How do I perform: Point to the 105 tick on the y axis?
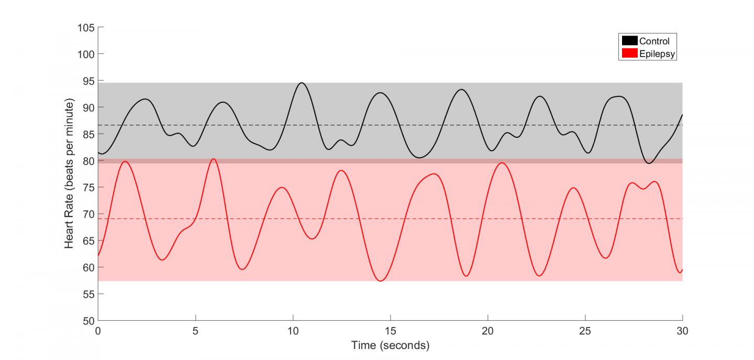[x=87, y=27]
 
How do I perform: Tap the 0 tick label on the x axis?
[x=98, y=332]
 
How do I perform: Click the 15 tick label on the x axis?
[x=391, y=332]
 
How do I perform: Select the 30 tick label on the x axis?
[x=682, y=332]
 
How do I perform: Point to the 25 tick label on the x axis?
[x=585, y=332]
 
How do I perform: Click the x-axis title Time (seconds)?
[x=391, y=345]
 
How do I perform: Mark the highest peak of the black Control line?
[x=302, y=83]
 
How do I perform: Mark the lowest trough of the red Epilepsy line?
[x=381, y=281]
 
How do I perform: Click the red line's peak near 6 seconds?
[x=213, y=159]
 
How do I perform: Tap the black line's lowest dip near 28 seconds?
[x=649, y=163]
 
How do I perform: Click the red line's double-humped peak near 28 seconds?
[x=644, y=186]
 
